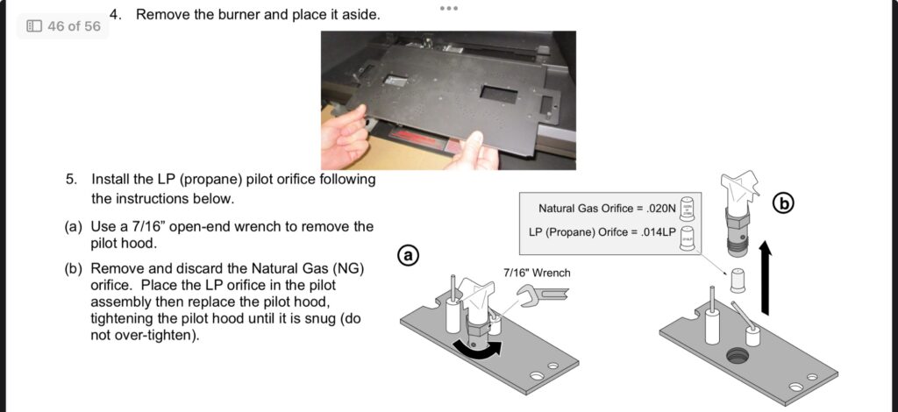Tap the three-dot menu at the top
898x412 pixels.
click(x=449, y=8)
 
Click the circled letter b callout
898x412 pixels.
click(x=784, y=203)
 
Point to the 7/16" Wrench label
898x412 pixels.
click(x=537, y=273)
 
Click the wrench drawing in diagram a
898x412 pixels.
click(x=542, y=295)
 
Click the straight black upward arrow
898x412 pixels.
click(x=765, y=277)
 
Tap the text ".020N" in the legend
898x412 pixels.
click(x=661, y=209)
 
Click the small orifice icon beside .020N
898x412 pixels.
click(x=688, y=210)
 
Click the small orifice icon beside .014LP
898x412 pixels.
click(x=688, y=238)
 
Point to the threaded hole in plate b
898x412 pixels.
click(x=738, y=356)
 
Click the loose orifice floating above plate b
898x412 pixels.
click(x=738, y=281)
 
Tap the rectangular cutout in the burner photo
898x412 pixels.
click(x=498, y=93)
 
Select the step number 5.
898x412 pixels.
click(x=71, y=180)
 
